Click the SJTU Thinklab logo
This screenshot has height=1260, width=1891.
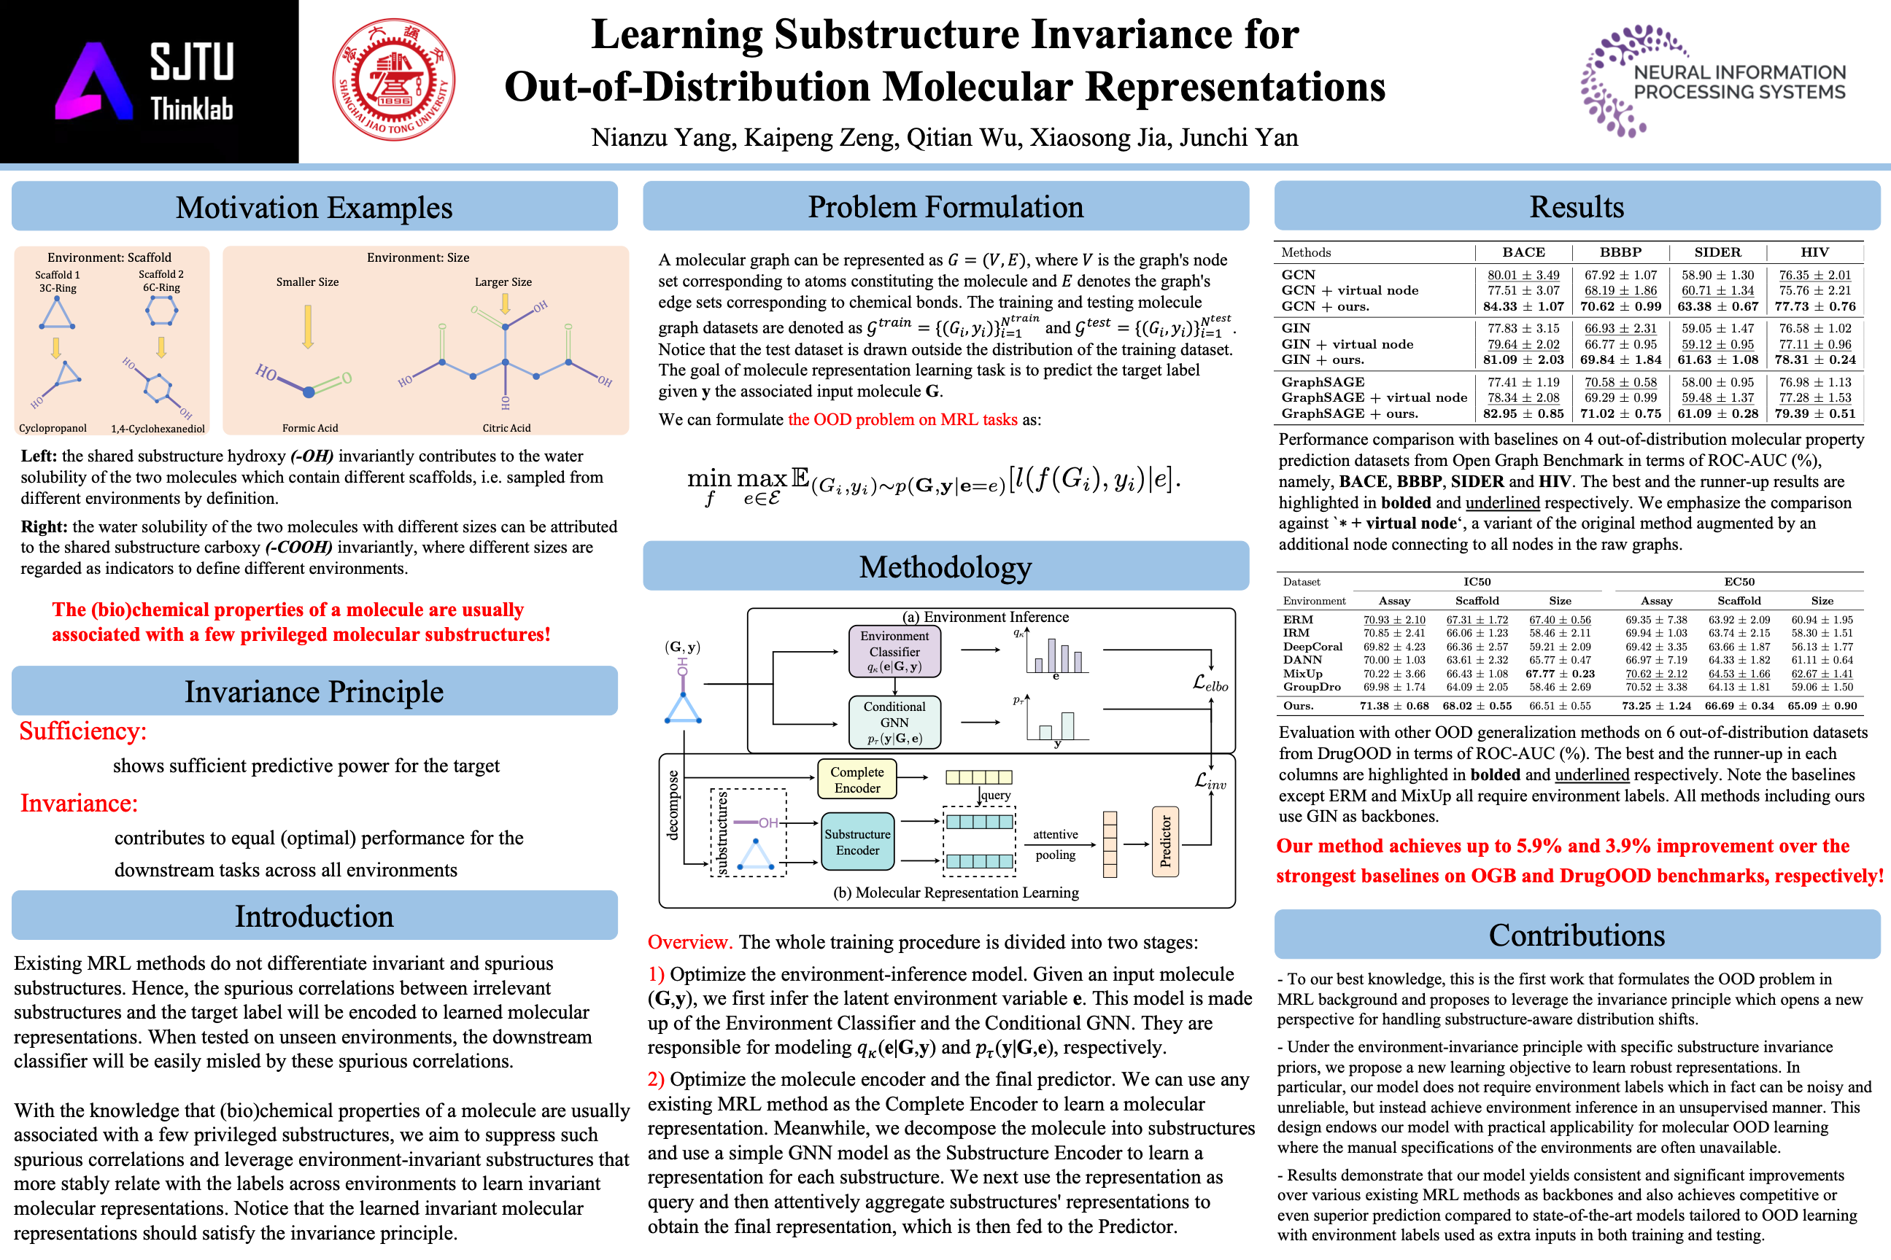pos(149,81)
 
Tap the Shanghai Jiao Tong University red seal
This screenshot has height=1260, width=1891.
pos(394,80)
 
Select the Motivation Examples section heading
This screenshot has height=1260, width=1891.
pos(314,207)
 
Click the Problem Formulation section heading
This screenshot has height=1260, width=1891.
pos(946,206)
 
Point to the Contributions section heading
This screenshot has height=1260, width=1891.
pos(1577,935)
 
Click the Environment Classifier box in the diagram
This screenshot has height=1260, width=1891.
pos(894,651)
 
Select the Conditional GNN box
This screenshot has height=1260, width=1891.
pos(894,722)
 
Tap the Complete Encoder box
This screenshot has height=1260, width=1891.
pos(857,779)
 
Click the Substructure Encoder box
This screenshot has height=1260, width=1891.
pos(857,841)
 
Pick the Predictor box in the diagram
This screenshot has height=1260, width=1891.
pos(1165,841)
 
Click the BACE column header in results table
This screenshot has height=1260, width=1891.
pos(1523,252)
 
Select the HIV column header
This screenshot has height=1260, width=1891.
pos(1814,252)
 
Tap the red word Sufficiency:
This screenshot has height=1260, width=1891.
pos(83,731)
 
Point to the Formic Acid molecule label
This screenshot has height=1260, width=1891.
pos(309,428)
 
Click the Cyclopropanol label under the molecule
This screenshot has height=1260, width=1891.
pos(53,428)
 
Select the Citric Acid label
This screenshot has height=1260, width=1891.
pos(506,428)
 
